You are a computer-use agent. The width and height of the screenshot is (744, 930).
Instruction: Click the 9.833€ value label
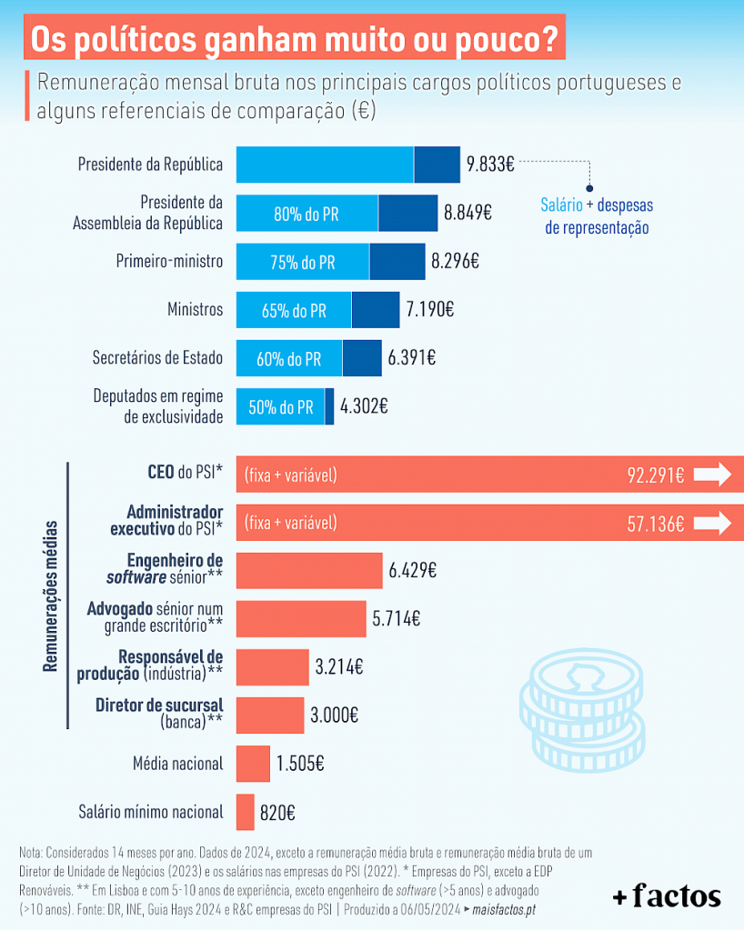click(491, 165)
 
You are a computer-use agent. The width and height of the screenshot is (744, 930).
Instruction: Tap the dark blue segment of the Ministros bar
click(376, 310)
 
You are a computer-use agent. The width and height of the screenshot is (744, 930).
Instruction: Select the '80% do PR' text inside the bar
click(307, 214)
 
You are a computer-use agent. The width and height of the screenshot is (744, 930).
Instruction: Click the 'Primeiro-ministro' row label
click(169, 262)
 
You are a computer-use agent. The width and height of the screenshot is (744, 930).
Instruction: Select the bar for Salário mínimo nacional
click(245, 812)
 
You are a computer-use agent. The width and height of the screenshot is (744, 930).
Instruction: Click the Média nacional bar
click(253, 764)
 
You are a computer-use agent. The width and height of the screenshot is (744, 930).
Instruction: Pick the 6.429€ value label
click(413, 571)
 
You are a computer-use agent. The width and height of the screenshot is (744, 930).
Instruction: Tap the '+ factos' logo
click(667, 895)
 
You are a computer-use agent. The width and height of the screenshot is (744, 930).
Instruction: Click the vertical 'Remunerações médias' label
click(51, 595)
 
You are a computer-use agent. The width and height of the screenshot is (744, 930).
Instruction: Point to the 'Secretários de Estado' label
click(157, 358)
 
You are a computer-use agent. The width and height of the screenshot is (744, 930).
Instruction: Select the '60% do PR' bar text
click(288, 359)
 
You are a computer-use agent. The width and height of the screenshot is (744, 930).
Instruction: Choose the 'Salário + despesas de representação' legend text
click(598, 216)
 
